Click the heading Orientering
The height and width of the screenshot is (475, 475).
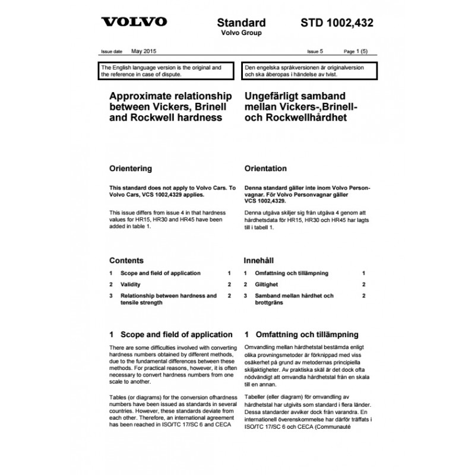[x=131, y=169]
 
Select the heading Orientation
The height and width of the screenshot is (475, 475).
[x=265, y=169]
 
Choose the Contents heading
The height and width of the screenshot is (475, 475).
[x=126, y=260]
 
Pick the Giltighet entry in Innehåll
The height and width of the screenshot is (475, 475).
[x=267, y=284]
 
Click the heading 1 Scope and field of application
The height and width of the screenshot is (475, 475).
[x=171, y=334]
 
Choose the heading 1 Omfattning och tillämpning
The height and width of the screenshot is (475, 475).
[x=301, y=334]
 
